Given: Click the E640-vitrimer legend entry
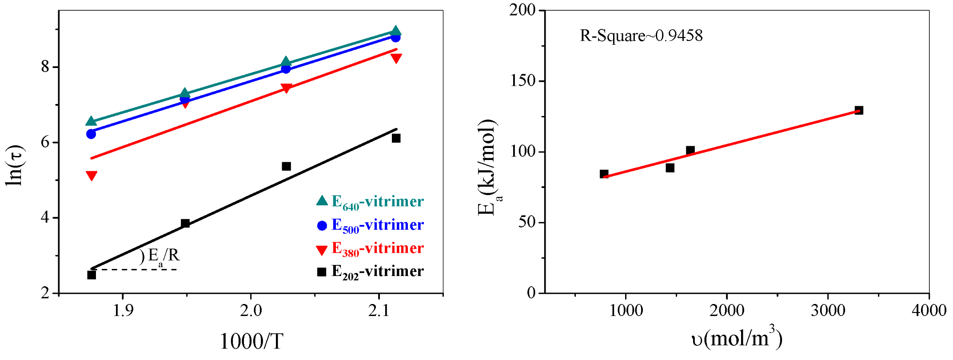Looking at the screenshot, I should click(370, 202).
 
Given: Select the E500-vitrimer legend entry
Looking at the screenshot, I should click(370, 225).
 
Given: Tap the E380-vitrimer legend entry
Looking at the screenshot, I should click(370, 248).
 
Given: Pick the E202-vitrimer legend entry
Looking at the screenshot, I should click(370, 272).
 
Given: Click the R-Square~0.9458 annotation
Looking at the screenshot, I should click(641, 36).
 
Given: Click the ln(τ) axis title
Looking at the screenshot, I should click(15, 166).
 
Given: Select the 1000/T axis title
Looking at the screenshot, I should click(251, 342).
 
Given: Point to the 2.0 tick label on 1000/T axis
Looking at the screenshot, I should click(251, 311).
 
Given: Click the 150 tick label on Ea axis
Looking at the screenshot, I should click(523, 81).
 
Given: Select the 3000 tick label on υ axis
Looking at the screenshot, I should click(828, 311).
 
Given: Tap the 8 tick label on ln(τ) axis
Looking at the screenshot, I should click(45, 67).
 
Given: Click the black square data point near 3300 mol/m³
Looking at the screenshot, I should click(859, 110).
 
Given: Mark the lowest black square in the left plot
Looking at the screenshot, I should click(92, 275).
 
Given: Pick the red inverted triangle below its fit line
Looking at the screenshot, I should click(92, 176).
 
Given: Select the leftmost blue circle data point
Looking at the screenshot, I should click(91, 134).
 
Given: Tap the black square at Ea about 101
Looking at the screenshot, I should click(690, 150).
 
